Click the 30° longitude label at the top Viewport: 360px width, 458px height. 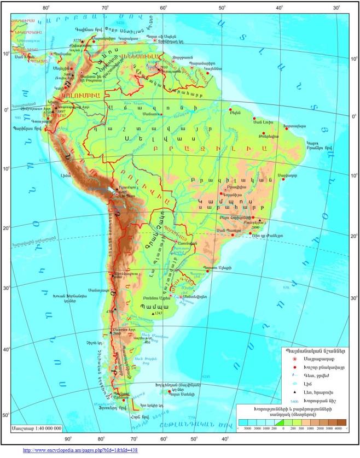click(x=335, y=8)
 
